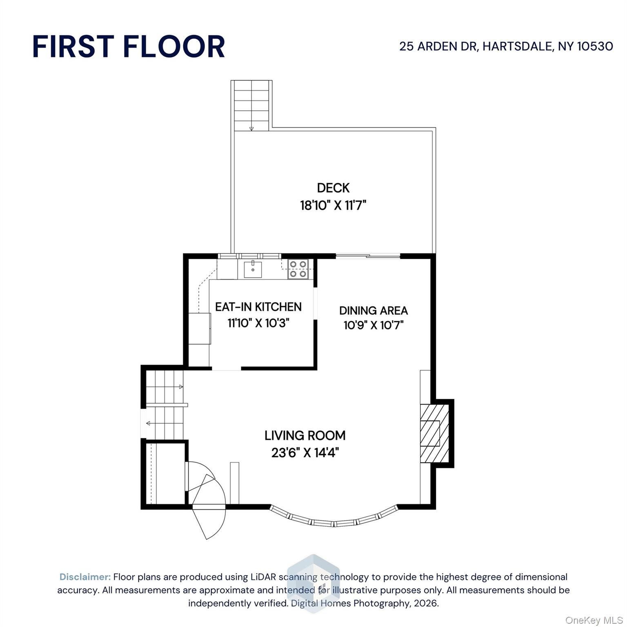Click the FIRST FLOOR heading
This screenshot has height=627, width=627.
(129, 46)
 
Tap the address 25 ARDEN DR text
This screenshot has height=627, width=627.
(438, 46)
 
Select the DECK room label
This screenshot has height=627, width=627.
(334, 188)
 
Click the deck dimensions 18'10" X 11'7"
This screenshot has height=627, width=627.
(334, 205)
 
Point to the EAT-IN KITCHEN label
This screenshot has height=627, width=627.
(258, 307)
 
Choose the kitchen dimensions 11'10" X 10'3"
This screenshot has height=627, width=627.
(258, 323)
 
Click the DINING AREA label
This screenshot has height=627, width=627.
(374, 311)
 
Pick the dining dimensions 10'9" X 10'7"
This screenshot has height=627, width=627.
(374, 325)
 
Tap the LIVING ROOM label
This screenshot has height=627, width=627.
(305, 436)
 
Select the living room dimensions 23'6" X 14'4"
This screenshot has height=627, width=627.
(305, 452)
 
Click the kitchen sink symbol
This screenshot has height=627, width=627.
(253, 269)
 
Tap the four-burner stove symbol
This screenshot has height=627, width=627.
(298, 269)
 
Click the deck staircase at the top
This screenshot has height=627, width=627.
(251, 105)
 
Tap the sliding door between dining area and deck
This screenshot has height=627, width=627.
(368, 256)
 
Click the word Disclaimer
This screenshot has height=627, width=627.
(85, 577)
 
